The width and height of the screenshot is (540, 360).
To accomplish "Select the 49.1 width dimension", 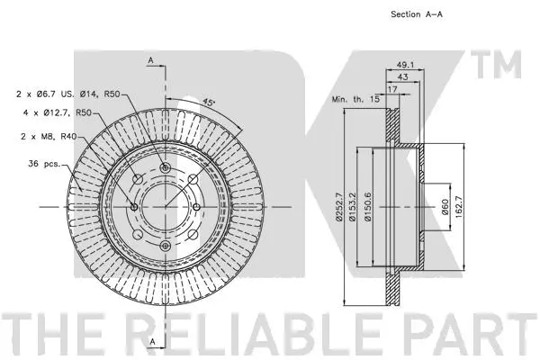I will (x=404, y=65).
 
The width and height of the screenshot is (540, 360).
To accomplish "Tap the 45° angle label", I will (x=208, y=102).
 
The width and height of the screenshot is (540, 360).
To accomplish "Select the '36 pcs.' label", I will (x=44, y=163).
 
